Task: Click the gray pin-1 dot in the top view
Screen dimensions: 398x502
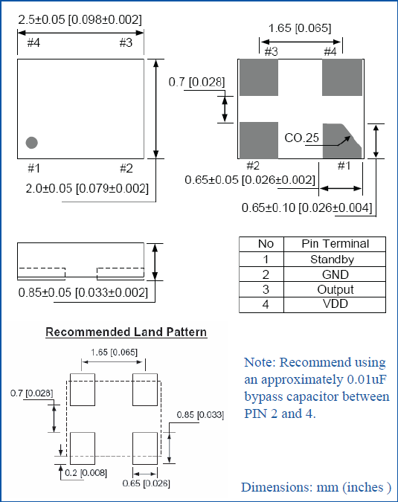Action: (32, 143)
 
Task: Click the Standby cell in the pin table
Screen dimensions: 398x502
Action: (335, 260)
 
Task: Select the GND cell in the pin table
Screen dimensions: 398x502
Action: (335, 274)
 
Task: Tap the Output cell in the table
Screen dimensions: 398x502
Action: (335, 289)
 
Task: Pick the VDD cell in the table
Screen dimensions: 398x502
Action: (335, 304)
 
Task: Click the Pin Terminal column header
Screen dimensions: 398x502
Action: (335, 244)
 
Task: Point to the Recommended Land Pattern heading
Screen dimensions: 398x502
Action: (126, 332)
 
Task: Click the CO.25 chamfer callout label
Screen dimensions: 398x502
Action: (301, 138)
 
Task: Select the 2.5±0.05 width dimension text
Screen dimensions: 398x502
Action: (80, 19)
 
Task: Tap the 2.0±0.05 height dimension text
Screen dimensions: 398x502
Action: (87, 188)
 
